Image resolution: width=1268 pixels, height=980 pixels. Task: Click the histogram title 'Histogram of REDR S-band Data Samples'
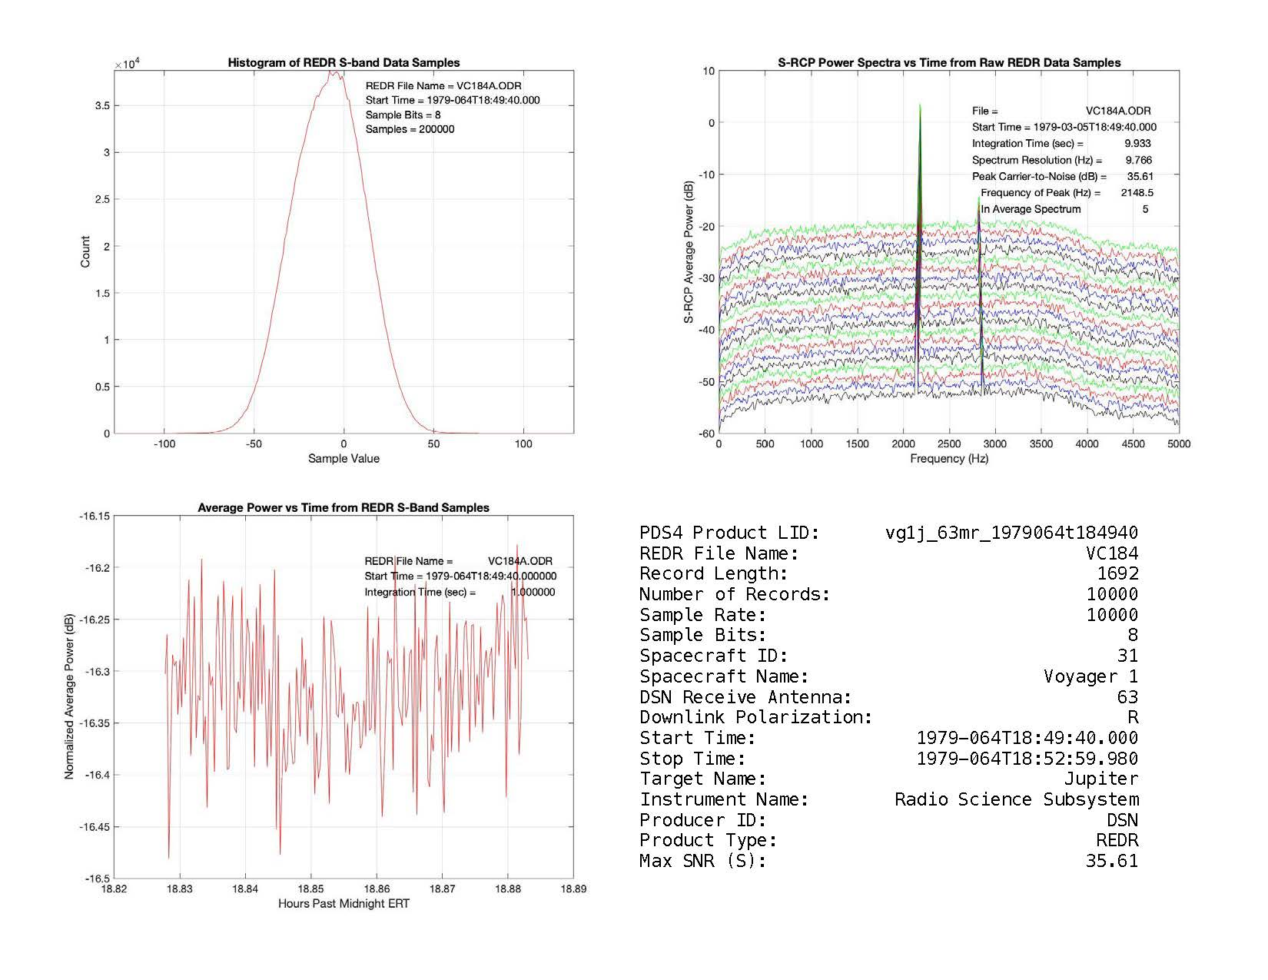pos(344,63)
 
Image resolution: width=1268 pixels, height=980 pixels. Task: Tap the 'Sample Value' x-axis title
pos(344,459)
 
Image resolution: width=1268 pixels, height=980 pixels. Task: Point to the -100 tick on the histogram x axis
pos(164,444)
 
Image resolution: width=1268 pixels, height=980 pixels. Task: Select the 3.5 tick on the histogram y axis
pos(101,105)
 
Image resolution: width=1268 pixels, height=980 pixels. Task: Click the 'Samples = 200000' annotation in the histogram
pos(410,129)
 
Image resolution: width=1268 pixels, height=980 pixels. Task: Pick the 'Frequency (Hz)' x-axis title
pos(949,459)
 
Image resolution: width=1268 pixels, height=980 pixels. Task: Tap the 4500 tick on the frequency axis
pos(1133,444)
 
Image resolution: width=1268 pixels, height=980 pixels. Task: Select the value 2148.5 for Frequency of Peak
pos(1137,193)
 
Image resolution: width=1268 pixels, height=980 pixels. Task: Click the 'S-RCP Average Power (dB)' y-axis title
pos(689,252)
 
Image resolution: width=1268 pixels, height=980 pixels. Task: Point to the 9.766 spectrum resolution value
pos(1138,160)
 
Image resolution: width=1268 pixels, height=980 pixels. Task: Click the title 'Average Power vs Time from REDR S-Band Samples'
pos(344,508)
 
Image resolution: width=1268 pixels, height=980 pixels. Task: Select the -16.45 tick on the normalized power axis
pos(95,827)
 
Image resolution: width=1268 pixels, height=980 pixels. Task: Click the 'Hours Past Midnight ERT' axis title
pos(344,904)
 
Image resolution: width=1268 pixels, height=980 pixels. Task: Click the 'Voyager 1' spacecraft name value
pos(1090,676)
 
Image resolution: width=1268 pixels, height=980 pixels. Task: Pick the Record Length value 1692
pos(1117,573)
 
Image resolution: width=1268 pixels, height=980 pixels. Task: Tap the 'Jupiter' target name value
pos(1100,779)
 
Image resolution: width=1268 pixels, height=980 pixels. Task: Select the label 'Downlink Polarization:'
pos(756,717)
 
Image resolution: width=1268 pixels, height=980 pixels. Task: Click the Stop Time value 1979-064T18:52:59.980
pos(1027,759)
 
